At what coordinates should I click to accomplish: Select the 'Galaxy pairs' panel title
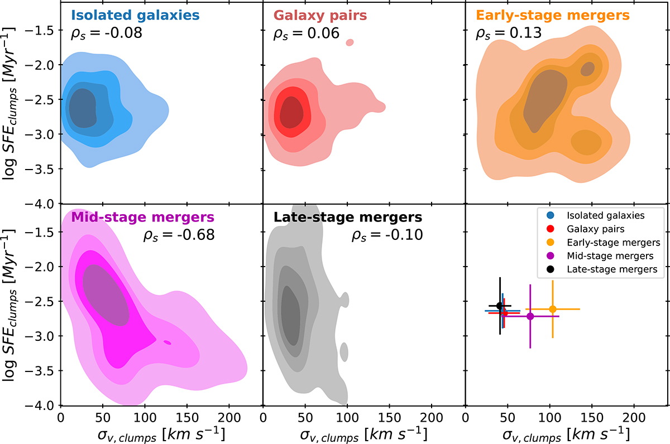pyautogui.click(x=320, y=15)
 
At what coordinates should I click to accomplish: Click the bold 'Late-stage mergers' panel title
pyautogui.click(x=348, y=216)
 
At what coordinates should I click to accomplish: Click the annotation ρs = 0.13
pyautogui.click(x=508, y=33)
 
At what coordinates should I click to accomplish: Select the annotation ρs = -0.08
pyautogui.click(x=107, y=33)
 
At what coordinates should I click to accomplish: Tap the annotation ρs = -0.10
pyautogui.click(x=387, y=235)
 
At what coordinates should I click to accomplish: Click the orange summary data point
pyautogui.click(x=553, y=309)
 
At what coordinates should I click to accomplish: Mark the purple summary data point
pyautogui.click(x=530, y=316)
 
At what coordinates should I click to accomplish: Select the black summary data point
pyautogui.click(x=500, y=305)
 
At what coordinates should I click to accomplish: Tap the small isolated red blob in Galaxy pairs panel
pyautogui.click(x=350, y=42)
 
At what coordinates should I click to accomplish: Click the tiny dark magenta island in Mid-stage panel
pyautogui.click(x=167, y=342)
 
